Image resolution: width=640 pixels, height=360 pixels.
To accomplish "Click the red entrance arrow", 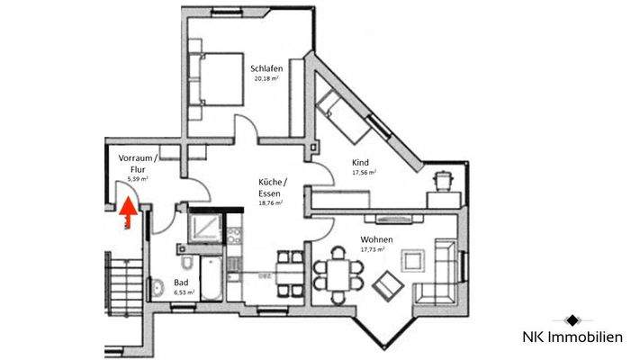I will click(x=128, y=212).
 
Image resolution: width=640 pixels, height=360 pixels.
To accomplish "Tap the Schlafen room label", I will click(x=268, y=67).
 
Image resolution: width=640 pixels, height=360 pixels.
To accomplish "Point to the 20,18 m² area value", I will click(x=267, y=78).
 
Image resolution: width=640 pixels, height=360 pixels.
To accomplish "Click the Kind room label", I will click(x=360, y=162).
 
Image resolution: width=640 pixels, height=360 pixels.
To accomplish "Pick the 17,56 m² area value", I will click(x=363, y=173).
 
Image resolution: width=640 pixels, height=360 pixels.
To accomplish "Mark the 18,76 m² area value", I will click(x=270, y=203).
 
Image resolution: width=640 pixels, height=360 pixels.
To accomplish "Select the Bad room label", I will click(x=181, y=282).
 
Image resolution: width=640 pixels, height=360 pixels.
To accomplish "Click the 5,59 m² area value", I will click(x=137, y=179).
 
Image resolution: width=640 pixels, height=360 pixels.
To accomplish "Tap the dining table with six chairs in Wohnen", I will click(x=339, y=274).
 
